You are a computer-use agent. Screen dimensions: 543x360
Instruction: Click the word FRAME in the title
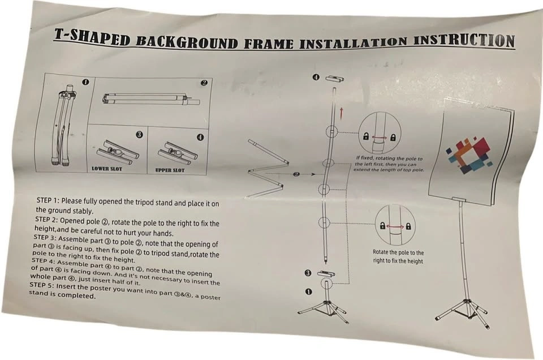(268, 44)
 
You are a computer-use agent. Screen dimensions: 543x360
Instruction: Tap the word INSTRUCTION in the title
(464, 41)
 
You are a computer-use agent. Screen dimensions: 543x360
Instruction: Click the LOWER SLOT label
(107, 169)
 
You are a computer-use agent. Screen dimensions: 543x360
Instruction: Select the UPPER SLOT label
(170, 170)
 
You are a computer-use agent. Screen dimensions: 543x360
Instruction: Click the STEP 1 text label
(48, 200)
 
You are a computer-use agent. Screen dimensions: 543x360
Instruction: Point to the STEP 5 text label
(41, 285)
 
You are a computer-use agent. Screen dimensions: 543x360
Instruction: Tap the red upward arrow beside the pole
(342, 114)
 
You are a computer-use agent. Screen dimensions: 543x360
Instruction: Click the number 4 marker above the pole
(316, 78)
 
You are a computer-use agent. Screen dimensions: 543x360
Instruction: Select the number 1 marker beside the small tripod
(309, 292)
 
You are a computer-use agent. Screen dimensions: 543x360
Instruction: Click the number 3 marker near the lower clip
(308, 273)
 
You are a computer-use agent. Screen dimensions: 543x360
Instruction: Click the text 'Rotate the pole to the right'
(398, 257)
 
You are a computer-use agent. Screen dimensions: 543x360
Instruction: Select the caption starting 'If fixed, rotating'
(389, 164)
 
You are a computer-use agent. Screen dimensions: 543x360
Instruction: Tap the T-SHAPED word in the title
(92, 37)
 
